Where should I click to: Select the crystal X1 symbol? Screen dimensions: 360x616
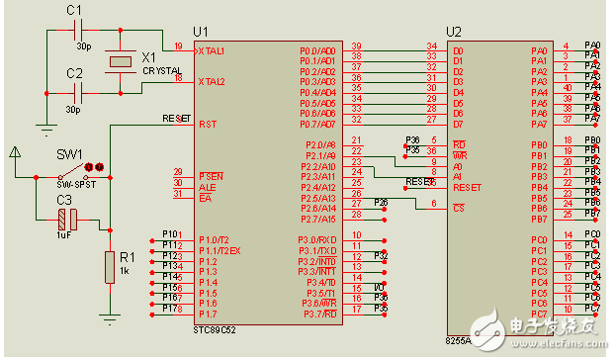[x=121, y=62]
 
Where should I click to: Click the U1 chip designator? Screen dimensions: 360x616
[x=203, y=32]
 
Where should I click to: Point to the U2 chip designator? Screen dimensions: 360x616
[x=454, y=32]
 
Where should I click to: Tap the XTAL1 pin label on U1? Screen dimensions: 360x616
[x=212, y=48]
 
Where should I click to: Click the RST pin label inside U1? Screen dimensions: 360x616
[x=208, y=125]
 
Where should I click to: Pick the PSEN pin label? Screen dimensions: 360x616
[x=211, y=175]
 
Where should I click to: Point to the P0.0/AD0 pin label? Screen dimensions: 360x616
[x=317, y=49]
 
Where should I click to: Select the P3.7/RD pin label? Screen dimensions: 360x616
[x=317, y=315]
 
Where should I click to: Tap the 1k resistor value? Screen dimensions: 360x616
[x=125, y=269]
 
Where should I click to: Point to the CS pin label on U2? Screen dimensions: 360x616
[x=459, y=208]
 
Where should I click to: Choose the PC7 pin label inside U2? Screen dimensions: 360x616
[x=538, y=315]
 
